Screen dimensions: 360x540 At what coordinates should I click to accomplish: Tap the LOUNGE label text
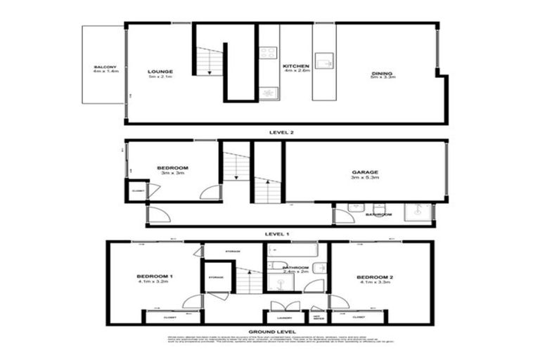point(160,72)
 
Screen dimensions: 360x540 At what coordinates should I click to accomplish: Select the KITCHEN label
point(296,66)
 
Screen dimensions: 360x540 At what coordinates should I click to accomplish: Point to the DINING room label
point(382,72)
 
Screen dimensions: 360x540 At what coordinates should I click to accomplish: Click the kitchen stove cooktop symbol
point(268,51)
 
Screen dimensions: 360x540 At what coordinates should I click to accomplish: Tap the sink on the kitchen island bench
point(324,62)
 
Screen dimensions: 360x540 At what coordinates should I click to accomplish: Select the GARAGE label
point(365,172)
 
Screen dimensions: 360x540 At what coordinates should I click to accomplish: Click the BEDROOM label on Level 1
point(172,167)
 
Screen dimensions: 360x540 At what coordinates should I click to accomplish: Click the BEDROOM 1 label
point(155,277)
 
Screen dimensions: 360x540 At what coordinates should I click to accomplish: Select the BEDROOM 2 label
point(374,277)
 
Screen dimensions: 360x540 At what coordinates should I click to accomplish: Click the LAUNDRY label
point(274,318)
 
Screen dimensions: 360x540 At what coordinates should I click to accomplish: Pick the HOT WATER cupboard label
point(317,318)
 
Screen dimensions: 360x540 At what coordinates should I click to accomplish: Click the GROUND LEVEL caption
point(271,331)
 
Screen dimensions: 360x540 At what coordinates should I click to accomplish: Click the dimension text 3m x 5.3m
point(365,178)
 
